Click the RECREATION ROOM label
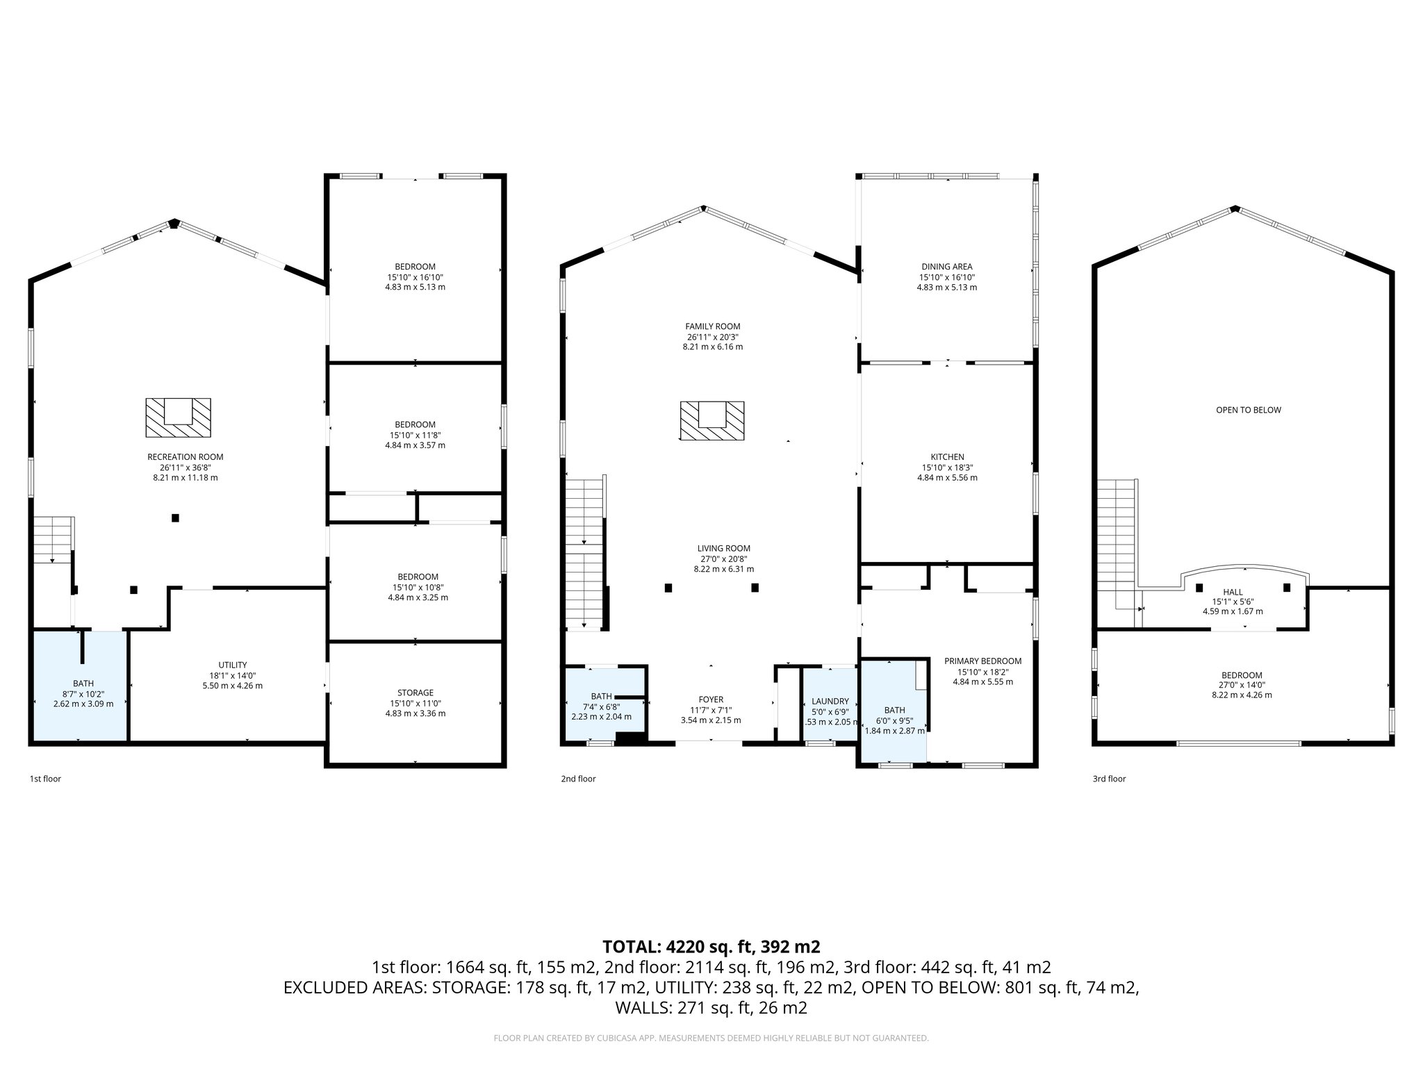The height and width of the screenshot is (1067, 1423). click(185, 457)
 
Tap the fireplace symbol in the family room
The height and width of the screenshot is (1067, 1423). click(711, 420)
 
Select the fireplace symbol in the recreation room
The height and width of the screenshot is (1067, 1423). click(178, 417)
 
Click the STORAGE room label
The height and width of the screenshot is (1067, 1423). click(415, 693)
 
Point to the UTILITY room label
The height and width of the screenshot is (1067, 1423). click(232, 665)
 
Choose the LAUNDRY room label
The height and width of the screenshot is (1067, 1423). click(830, 702)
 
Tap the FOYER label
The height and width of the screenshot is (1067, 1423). click(711, 700)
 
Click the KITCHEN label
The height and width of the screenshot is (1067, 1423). click(948, 457)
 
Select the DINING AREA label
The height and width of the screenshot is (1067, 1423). click(946, 267)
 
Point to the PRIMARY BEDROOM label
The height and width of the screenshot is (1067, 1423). click(982, 661)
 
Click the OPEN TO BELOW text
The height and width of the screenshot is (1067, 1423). click(1248, 410)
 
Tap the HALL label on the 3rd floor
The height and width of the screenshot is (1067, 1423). click(1233, 592)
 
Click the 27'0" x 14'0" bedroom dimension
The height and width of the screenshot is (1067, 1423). click(1242, 685)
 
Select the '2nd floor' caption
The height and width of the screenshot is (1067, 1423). click(578, 779)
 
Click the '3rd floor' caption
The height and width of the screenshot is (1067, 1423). click(1109, 779)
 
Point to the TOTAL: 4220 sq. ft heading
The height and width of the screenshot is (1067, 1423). click(711, 947)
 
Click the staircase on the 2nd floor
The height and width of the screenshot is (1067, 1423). click(584, 552)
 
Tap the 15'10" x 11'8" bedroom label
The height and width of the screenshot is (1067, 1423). click(415, 435)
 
